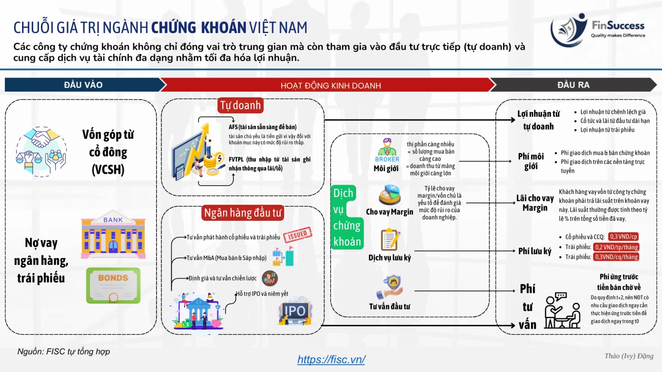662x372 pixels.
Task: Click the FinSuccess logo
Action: (598, 30)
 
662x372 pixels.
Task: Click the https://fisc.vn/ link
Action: (331, 360)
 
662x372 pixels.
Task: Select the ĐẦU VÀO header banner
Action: (83, 85)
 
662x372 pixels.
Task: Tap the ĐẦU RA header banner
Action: (573, 85)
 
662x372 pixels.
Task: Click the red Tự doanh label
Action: (241, 105)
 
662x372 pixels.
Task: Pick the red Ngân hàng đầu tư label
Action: (243, 213)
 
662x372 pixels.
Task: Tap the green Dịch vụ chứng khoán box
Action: (347, 217)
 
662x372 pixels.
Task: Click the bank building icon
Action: (113, 235)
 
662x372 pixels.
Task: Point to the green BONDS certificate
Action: (113, 285)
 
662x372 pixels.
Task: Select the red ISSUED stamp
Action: (297, 235)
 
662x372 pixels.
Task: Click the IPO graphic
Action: (295, 312)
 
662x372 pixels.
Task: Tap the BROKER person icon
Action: (387, 150)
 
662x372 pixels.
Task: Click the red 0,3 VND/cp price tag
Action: (623, 237)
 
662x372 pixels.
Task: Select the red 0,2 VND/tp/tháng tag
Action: (617, 247)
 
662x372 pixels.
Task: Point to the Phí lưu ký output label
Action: (534, 251)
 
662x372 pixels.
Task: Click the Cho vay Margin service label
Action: (389, 212)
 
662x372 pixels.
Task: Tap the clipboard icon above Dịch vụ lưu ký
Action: (390, 239)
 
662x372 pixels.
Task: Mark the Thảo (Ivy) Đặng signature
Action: (629, 356)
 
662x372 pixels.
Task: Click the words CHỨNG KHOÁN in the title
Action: (199, 28)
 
